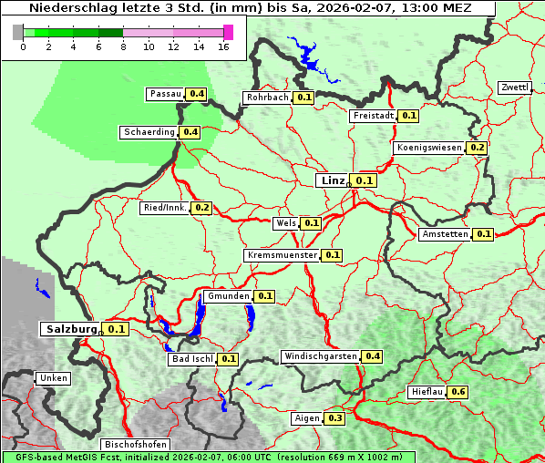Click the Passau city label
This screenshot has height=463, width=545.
166,94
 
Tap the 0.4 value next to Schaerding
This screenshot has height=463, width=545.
190,132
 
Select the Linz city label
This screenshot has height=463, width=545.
333,180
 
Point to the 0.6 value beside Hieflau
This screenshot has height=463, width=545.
458,392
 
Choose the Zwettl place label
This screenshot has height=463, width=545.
514,87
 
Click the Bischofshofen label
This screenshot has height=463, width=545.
135,445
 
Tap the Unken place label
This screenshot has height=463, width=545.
53,377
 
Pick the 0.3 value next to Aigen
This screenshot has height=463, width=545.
334,418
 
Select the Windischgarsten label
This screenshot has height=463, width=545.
320,356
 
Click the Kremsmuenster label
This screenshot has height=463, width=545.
283,255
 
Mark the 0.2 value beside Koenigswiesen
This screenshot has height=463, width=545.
478,148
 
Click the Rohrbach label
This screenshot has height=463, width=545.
267,98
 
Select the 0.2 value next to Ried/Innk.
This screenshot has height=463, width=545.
202,208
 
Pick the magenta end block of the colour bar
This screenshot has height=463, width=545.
228,32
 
